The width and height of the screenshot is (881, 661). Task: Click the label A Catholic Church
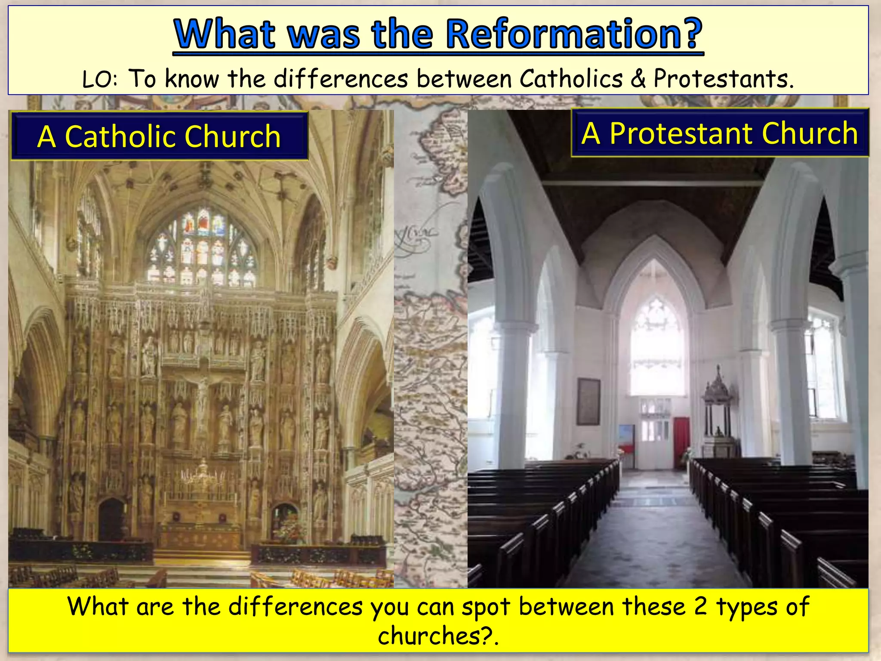(159, 136)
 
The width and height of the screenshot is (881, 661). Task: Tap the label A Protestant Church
(720, 133)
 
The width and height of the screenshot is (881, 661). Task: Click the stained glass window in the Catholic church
(202, 247)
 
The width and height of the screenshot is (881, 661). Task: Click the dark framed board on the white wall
(588, 402)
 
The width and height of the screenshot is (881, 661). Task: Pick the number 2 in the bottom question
(700, 606)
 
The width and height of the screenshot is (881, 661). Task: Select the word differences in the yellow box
(296, 606)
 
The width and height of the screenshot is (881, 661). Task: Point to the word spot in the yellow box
(486, 607)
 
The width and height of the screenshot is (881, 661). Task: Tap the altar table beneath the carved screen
(201, 536)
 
